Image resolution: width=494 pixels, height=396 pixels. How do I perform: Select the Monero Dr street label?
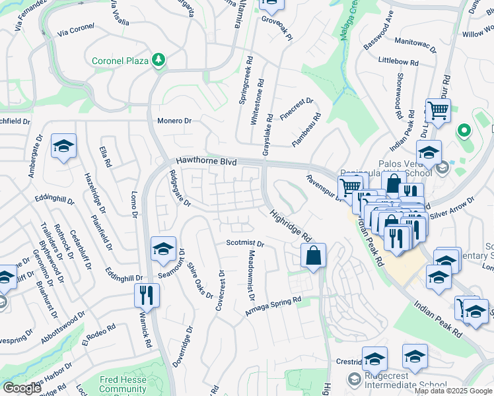point(174,121)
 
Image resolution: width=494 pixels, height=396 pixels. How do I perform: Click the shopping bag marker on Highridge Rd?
point(313,255)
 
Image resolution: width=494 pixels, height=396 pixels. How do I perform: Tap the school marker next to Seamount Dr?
point(163,249)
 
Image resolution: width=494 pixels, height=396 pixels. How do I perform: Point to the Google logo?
point(22,388)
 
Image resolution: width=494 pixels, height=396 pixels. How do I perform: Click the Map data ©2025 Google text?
point(454,391)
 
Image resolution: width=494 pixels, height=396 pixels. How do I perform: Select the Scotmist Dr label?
point(245,244)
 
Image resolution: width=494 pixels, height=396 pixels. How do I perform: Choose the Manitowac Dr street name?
point(417,41)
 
